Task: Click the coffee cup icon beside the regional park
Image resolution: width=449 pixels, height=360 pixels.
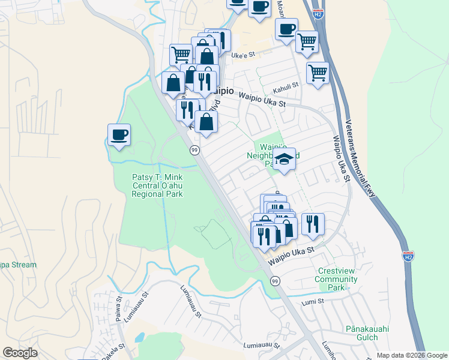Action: tap(119, 134)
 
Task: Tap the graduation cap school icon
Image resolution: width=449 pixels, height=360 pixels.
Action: tap(285, 160)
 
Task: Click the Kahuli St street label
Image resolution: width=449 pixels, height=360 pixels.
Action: tap(286, 86)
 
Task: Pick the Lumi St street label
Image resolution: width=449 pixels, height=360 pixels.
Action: tap(313, 301)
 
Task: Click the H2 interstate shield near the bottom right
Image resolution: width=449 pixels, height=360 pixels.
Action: tap(408, 256)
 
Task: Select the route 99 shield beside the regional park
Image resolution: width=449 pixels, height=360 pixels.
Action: tap(194, 149)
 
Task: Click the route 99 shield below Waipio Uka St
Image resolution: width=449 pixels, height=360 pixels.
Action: tap(275, 281)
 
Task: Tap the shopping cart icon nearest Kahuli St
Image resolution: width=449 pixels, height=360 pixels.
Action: tap(318, 73)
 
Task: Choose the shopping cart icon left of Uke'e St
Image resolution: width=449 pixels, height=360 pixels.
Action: tap(181, 55)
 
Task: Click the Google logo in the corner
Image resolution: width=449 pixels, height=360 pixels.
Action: tap(20, 352)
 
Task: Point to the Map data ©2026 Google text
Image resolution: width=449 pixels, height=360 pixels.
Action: tap(411, 355)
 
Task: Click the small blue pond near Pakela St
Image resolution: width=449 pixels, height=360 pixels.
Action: tap(140, 337)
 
